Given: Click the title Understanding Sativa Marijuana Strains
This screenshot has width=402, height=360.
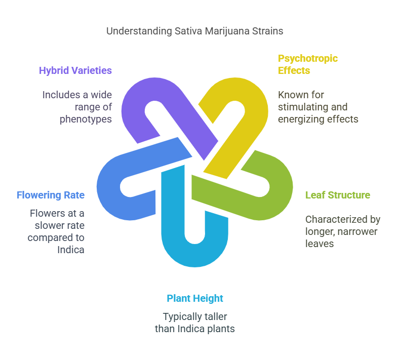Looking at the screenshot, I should coord(194,31).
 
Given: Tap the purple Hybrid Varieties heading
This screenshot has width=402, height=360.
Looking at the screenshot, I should coord(75,70).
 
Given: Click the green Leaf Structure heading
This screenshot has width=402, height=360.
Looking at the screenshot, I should coord(338,195).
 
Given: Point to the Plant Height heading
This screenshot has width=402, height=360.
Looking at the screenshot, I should coord(195,298).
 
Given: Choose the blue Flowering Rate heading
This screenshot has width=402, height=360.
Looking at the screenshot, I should coord(51,195).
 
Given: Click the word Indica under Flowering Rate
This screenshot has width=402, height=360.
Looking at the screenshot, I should coord(70,250).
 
